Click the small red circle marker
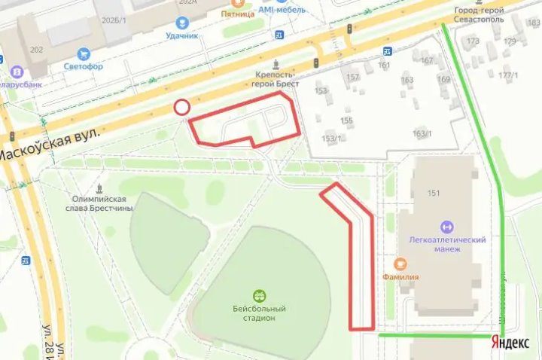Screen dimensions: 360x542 [x=181, y=108]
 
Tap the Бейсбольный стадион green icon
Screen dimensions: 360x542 [x=259, y=294]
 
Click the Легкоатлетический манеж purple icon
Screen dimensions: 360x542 [x=446, y=226]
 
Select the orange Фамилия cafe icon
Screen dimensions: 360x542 [x=400, y=264]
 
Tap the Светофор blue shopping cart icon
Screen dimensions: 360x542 [x=83, y=54]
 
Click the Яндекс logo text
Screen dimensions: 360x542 [x=510, y=342]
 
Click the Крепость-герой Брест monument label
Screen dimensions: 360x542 [x=277, y=80]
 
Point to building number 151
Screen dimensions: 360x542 [x=432, y=193]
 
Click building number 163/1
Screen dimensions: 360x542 [x=422, y=134]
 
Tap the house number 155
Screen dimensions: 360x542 [x=346, y=121]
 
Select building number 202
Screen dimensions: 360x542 [x=36, y=50]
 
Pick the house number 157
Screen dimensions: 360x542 [x=352, y=77]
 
